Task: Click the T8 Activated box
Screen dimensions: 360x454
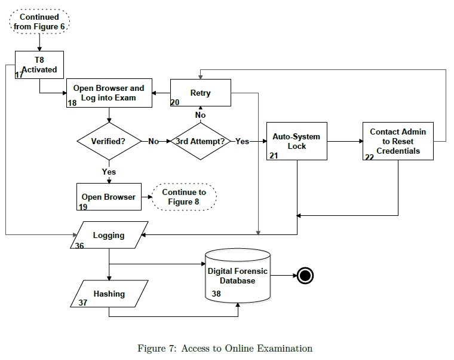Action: (x=39, y=65)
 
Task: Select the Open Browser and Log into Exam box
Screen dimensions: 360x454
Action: (x=109, y=93)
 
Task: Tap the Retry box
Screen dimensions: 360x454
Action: (x=200, y=93)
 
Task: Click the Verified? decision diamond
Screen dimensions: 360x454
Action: (x=108, y=142)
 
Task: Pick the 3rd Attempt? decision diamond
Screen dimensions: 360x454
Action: (x=201, y=142)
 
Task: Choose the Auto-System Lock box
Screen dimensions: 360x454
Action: (x=297, y=141)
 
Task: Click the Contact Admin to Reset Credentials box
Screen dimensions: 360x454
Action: (x=398, y=141)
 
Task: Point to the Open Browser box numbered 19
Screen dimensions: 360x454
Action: (x=109, y=197)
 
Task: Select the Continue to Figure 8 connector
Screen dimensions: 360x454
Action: (x=184, y=197)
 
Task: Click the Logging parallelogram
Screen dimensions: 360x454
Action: (x=109, y=236)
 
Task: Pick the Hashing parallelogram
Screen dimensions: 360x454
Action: (x=109, y=294)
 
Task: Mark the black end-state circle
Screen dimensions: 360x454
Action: (x=305, y=276)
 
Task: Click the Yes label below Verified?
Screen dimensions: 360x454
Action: (x=109, y=172)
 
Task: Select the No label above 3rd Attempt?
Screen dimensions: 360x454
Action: (x=201, y=115)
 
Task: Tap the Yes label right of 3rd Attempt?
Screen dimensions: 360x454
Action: (x=242, y=142)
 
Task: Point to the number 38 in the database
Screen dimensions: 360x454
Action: (x=216, y=294)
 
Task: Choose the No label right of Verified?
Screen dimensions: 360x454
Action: (x=154, y=142)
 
